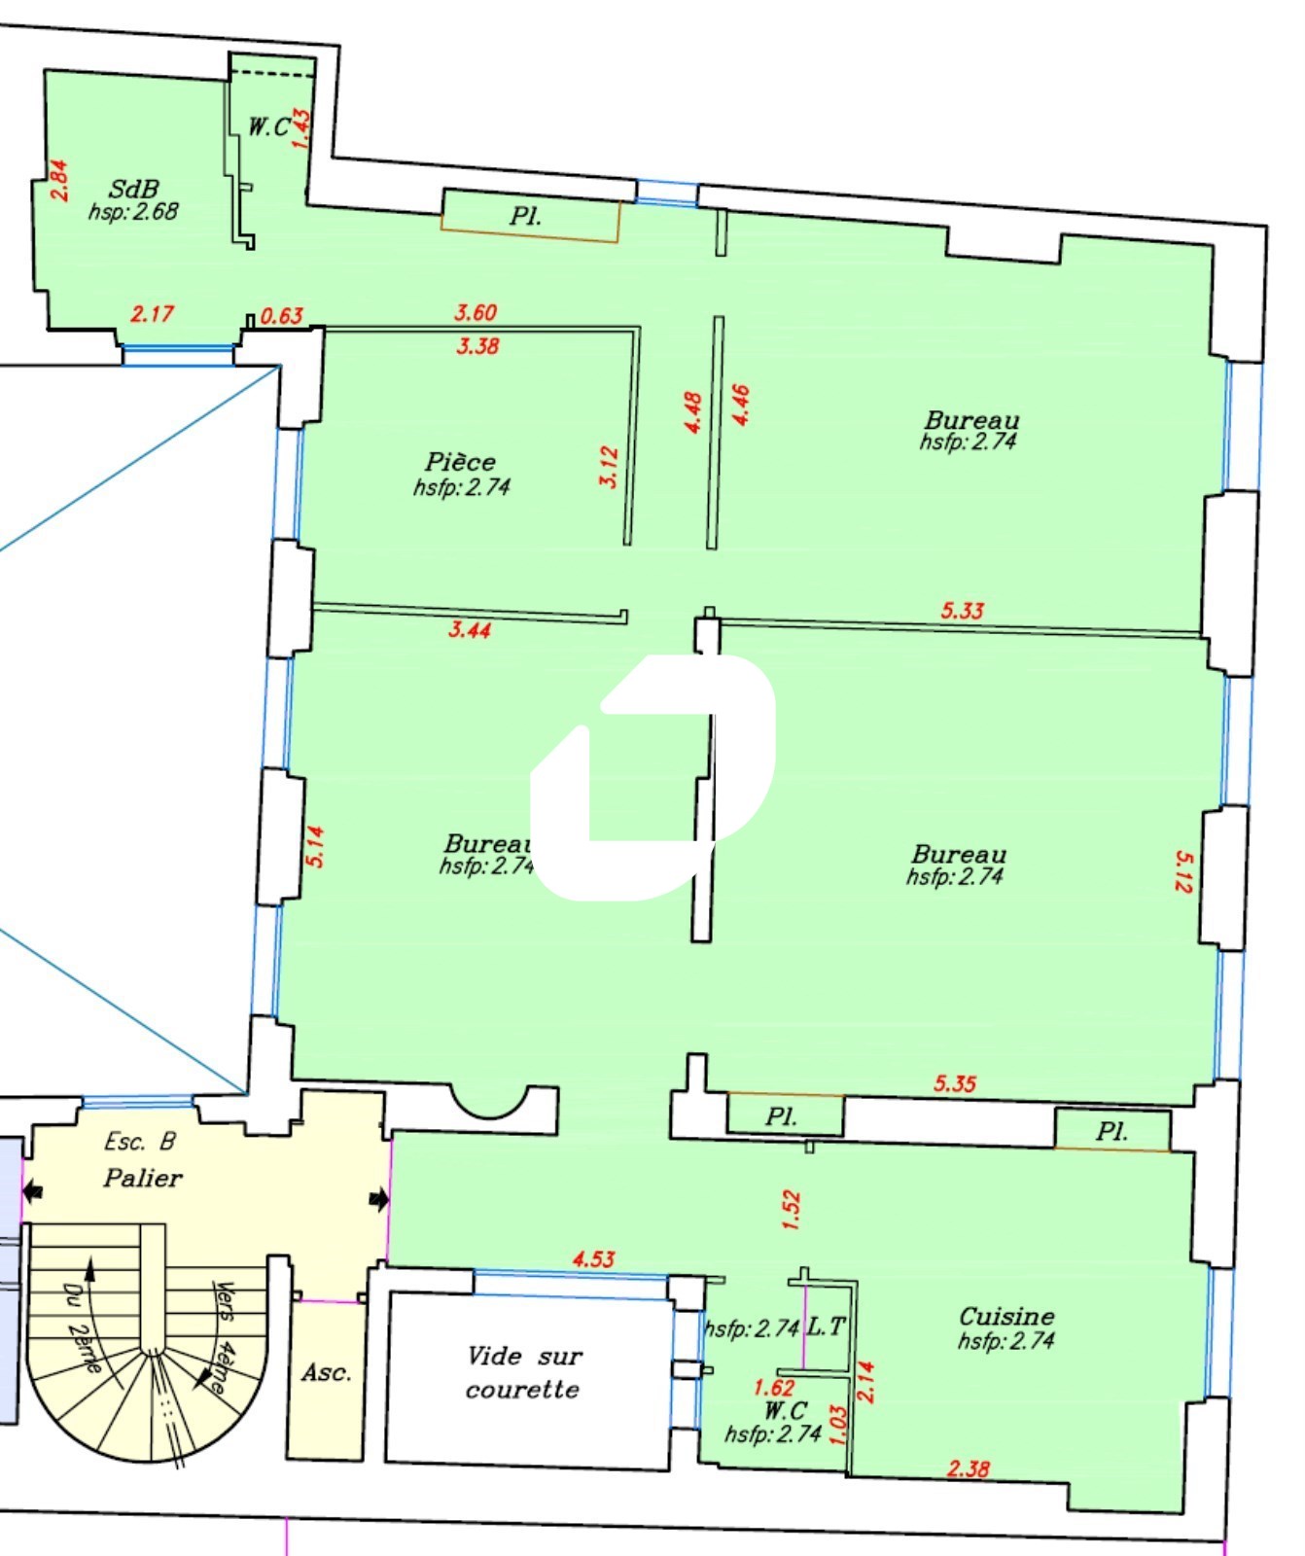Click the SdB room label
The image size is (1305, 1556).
tap(133, 189)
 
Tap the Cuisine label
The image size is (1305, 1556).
tap(1006, 1316)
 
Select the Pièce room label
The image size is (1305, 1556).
tap(460, 461)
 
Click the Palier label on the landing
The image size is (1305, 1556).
tap(143, 1178)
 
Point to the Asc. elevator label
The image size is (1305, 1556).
tap(326, 1372)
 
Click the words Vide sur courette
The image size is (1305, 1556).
tap(523, 1372)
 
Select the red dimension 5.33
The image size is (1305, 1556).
tap(962, 611)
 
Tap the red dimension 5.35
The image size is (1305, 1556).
tap(955, 1083)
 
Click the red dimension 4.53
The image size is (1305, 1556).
tap(593, 1258)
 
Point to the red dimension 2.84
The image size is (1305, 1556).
tap(59, 180)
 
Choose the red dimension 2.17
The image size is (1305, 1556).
tap(152, 314)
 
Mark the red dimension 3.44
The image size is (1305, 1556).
tap(470, 629)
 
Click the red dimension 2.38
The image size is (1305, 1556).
tap(969, 1468)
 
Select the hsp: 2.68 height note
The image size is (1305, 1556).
tap(133, 212)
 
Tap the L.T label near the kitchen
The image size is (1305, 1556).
tap(828, 1326)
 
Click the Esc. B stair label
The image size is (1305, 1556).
tap(140, 1142)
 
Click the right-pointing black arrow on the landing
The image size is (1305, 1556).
tap(379, 1200)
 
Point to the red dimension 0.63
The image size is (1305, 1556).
tap(282, 316)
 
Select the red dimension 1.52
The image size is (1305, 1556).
tap(792, 1211)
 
